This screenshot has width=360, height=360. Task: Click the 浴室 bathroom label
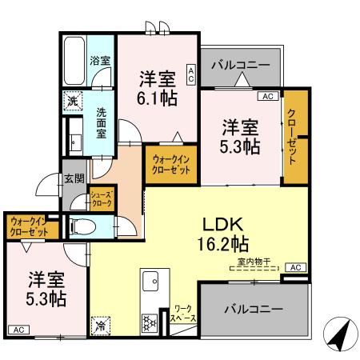[x=99, y=60]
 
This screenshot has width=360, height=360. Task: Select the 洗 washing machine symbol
[x=72, y=102]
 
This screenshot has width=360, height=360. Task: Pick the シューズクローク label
[x=101, y=199]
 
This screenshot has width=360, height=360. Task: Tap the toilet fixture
[x=81, y=227]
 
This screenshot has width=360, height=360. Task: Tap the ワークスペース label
[x=183, y=314]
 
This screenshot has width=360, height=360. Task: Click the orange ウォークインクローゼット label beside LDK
[x=170, y=166]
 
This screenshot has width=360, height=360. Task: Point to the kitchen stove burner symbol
[x=149, y=322]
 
